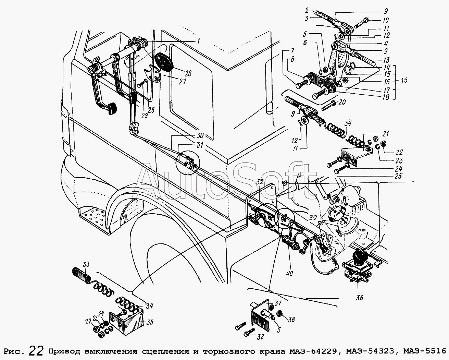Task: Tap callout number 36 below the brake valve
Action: (x=359, y=298)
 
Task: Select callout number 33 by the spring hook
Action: (x=86, y=264)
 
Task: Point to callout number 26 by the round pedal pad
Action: (x=188, y=73)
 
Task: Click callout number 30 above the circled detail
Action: (x=201, y=135)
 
